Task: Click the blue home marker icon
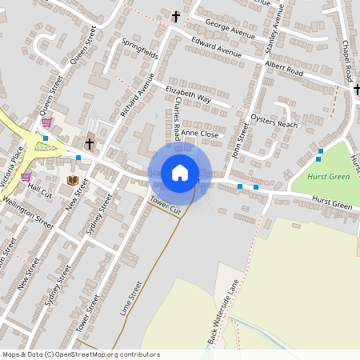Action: [180, 172]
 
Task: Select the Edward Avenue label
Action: [217, 50]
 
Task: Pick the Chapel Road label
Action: [347, 60]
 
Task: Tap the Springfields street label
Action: [139, 52]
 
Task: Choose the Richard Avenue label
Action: [137, 96]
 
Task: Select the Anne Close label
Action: [199, 134]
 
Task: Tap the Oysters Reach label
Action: [274, 121]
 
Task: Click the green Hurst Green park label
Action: [328, 177]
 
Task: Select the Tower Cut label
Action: [166, 204]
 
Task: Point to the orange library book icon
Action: [74, 181]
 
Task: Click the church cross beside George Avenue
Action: [176, 16]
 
